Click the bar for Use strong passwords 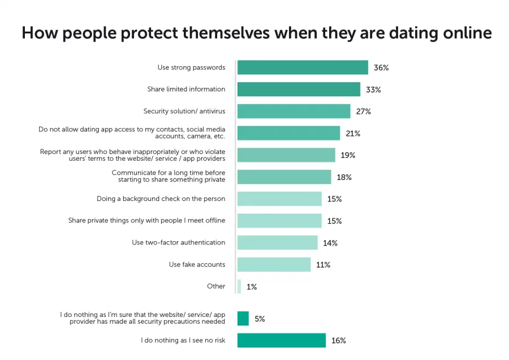303,68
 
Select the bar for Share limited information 299,89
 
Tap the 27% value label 363,112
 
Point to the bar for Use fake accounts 274,264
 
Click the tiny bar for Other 239,286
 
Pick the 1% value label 252,287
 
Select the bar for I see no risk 281,340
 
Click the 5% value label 260,319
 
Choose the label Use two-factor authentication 179,242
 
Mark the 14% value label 330,243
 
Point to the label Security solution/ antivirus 184,111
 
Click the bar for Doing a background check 279,199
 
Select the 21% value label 353,134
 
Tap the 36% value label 381,68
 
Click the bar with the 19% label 286,155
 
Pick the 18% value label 344,177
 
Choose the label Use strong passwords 191,67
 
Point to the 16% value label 338,341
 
